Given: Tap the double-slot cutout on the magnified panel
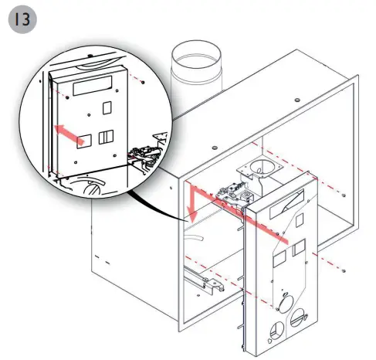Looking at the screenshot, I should click(x=103, y=138).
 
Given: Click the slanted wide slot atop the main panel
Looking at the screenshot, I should click(x=287, y=202).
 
